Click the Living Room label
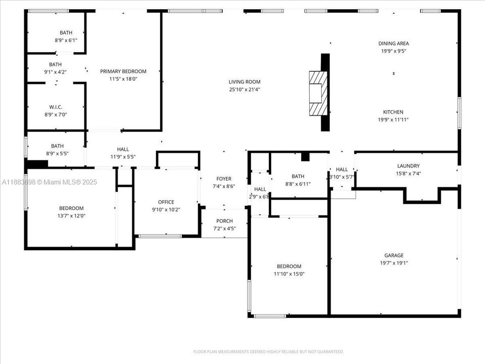[245, 82]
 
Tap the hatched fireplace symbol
[318, 93]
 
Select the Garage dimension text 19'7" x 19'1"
[394, 263]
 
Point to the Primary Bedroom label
[123, 71]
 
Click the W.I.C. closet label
[56, 107]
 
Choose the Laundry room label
[408, 166]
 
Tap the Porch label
[224, 221]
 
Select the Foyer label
[224, 178]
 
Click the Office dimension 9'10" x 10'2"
[166, 209]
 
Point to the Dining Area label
[394, 43]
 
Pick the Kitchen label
[393, 112]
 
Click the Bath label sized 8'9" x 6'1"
[66, 33]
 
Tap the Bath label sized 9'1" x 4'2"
[56, 64]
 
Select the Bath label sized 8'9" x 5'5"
[57, 146]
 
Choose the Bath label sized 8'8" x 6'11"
[298, 176]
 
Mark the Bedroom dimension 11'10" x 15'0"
[289, 274]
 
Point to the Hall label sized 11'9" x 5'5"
[123, 149]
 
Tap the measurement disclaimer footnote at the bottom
[268, 351]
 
